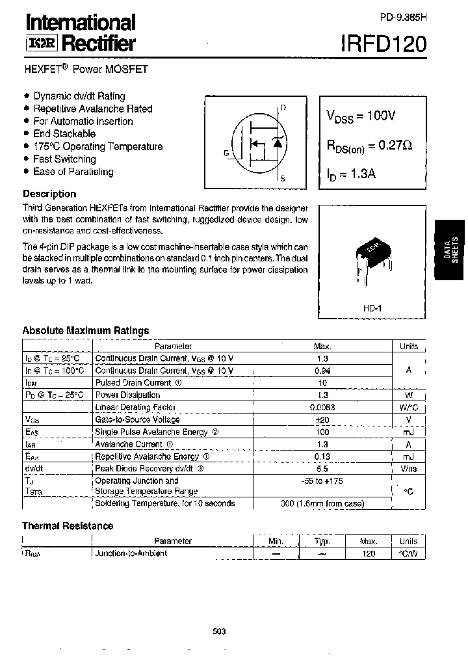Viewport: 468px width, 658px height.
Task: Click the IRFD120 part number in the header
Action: (x=383, y=44)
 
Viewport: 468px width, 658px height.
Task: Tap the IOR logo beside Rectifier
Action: (x=42, y=44)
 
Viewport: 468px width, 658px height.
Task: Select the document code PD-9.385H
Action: (x=403, y=18)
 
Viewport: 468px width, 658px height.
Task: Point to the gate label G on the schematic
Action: (x=226, y=153)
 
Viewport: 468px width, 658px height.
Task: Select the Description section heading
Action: (x=49, y=194)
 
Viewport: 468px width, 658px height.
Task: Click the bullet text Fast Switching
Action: (x=64, y=159)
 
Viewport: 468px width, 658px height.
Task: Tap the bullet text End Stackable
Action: (x=64, y=134)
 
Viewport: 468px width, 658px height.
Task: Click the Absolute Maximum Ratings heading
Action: (x=86, y=330)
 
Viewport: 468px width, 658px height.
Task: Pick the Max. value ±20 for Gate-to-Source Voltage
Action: (x=322, y=420)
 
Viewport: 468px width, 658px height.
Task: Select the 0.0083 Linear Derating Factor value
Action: (x=322, y=408)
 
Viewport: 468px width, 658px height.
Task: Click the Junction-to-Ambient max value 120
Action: (x=369, y=553)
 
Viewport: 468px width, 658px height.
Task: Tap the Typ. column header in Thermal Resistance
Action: (x=322, y=541)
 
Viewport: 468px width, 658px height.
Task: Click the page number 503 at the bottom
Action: (x=220, y=631)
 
